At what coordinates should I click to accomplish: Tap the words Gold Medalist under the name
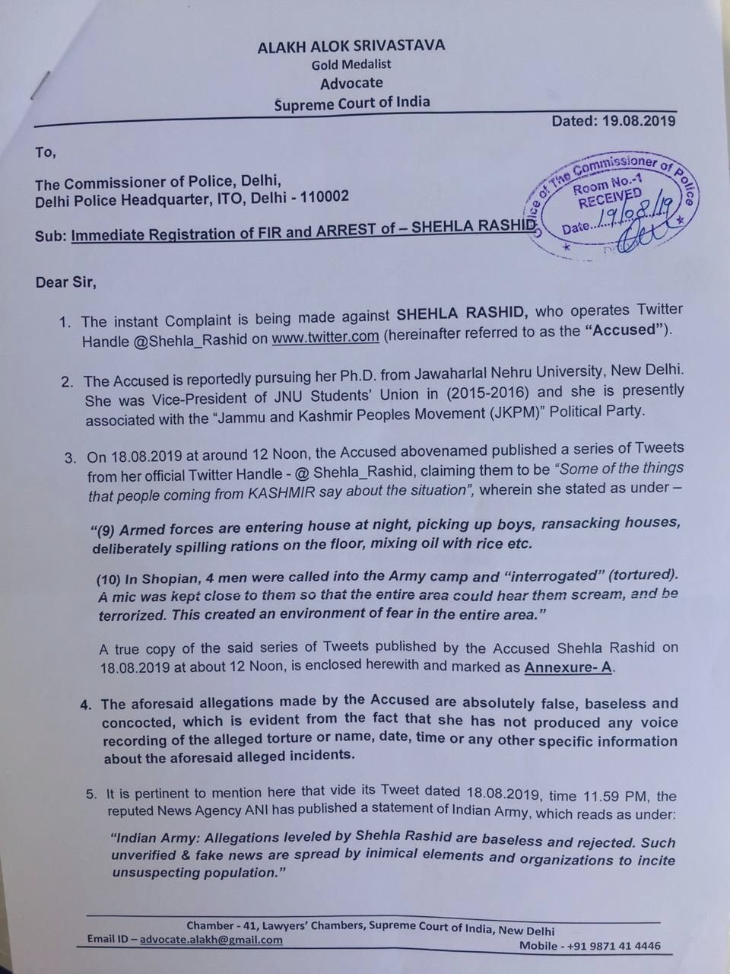tap(351, 65)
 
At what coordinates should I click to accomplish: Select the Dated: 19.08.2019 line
tap(614, 120)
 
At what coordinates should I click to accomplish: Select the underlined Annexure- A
tap(569, 668)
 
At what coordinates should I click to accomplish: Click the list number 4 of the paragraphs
tap(84, 705)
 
